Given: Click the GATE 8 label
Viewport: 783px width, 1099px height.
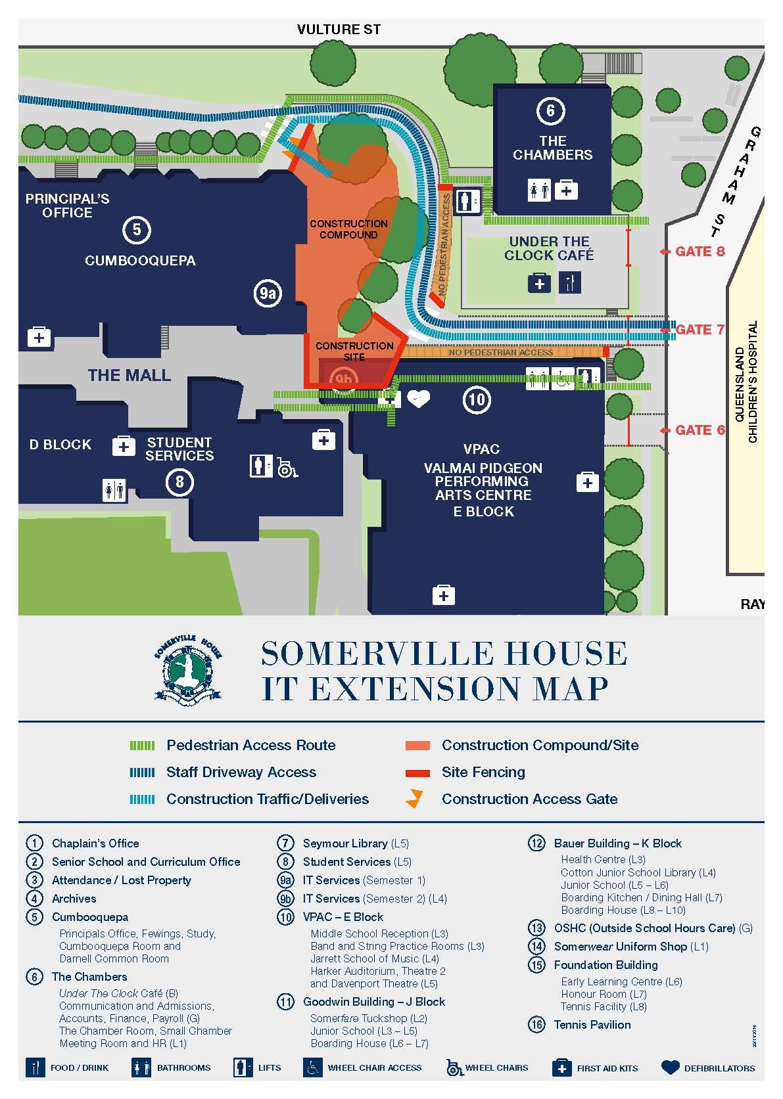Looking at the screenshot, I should pyautogui.click(x=700, y=252).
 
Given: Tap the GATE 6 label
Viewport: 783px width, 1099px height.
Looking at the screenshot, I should pyautogui.click(x=700, y=430).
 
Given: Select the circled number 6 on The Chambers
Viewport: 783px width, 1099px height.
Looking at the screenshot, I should pyautogui.click(x=550, y=110).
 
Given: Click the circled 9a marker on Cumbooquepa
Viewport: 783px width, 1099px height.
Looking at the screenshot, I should pyautogui.click(x=268, y=294).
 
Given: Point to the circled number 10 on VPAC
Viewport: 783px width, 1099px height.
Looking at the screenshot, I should pyautogui.click(x=477, y=399).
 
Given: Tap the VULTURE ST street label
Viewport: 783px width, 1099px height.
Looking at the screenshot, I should pyautogui.click(x=339, y=30).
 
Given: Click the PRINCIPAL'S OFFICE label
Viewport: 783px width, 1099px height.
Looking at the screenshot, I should pyautogui.click(x=67, y=206).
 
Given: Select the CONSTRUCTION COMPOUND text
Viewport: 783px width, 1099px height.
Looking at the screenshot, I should pyautogui.click(x=348, y=229).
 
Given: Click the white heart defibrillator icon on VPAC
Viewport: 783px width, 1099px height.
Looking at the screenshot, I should pyautogui.click(x=418, y=398).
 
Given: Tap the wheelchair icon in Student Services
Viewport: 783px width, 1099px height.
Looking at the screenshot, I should pyautogui.click(x=286, y=467).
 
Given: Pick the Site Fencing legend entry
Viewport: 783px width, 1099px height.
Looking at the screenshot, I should pyautogui.click(x=483, y=773).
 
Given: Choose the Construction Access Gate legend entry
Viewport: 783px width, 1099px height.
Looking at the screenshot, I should pyautogui.click(x=529, y=799).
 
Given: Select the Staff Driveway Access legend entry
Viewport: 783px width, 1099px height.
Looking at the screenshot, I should pyautogui.click(x=241, y=773).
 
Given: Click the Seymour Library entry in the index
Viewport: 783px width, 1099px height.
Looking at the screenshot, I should pyautogui.click(x=345, y=843).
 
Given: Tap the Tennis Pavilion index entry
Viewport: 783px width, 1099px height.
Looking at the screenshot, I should pyautogui.click(x=592, y=1025).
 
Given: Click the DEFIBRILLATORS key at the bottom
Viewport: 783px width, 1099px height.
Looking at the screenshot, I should pyautogui.click(x=719, y=1068).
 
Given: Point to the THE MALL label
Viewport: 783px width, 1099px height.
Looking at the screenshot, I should pyautogui.click(x=130, y=376).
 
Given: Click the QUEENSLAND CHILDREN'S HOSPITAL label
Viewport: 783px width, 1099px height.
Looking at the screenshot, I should pyautogui.click(x=746, y=382).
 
